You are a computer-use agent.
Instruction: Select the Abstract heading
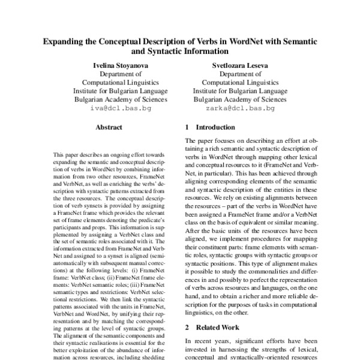109,127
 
